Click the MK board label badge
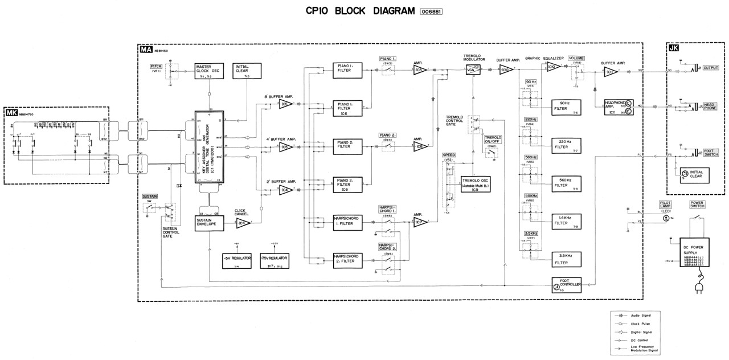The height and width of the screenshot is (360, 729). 11,112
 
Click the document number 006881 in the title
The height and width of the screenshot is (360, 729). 431,12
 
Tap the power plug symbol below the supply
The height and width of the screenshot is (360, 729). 696,288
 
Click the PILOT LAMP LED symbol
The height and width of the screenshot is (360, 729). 664,218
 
